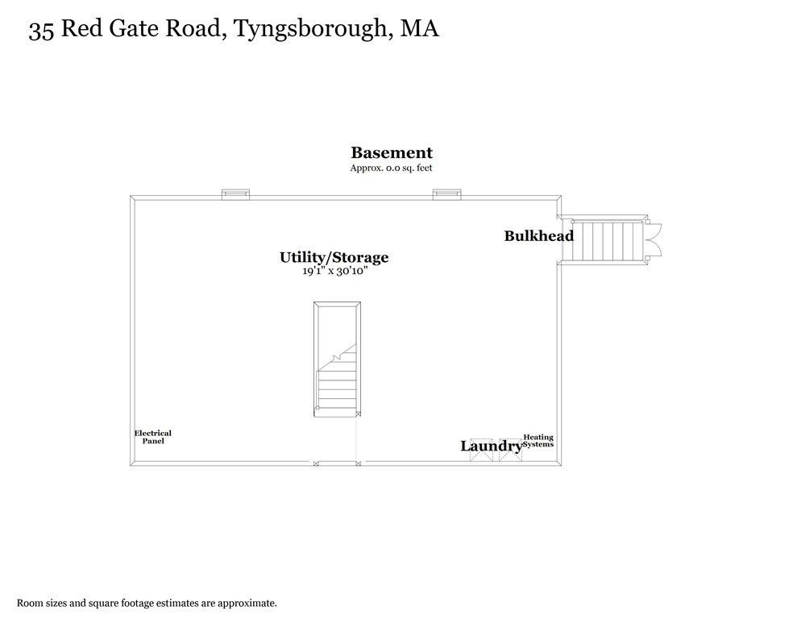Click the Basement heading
392,152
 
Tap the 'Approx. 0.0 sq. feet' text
392,168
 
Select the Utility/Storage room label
334,257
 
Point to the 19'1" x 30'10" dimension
334,271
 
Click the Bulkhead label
539,235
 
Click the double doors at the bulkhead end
654,239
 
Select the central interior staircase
337,359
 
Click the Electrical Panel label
153,437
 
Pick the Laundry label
492,446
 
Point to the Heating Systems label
538,441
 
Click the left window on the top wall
235,194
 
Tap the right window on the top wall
447,194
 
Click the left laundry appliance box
481,450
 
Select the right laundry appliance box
511,450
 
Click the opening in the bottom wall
337,463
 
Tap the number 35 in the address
41,31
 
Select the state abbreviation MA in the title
419,29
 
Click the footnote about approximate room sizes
147,603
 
